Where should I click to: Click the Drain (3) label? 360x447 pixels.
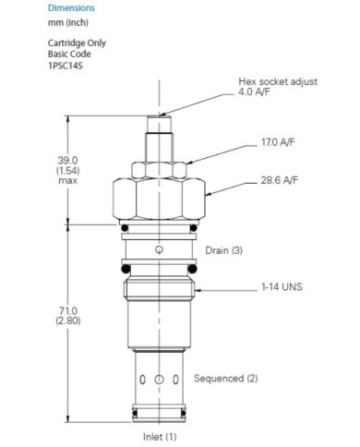(223, 250)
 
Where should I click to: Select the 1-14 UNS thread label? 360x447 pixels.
(282, 287)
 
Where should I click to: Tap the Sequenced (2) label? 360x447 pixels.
(225, 379)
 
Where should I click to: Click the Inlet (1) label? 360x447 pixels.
(159, 435)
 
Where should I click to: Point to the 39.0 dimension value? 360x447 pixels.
(67, 160)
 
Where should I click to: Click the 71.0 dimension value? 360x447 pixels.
(66, 311)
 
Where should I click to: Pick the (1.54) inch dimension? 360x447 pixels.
(67, 170)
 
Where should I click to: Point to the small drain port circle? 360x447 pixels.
(160, 250)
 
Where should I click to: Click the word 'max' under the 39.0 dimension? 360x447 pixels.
(67, 180)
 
